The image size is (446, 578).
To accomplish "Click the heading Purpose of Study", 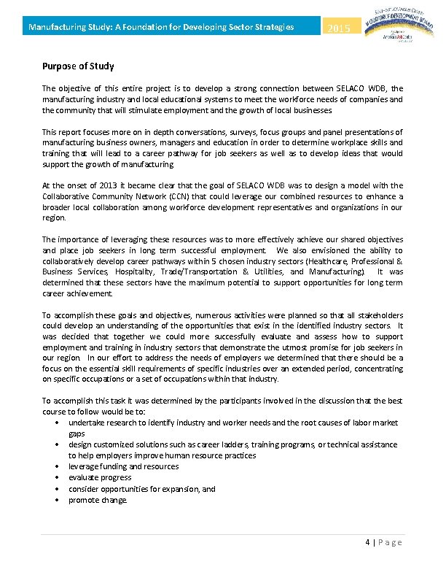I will (78, 66).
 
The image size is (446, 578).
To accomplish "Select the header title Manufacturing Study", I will (160, 28).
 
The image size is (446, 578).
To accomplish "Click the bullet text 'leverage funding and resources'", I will (123, 466).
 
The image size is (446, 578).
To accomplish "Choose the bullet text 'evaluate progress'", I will (99, 478).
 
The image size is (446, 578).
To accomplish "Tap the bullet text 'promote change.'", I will (98, 500).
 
